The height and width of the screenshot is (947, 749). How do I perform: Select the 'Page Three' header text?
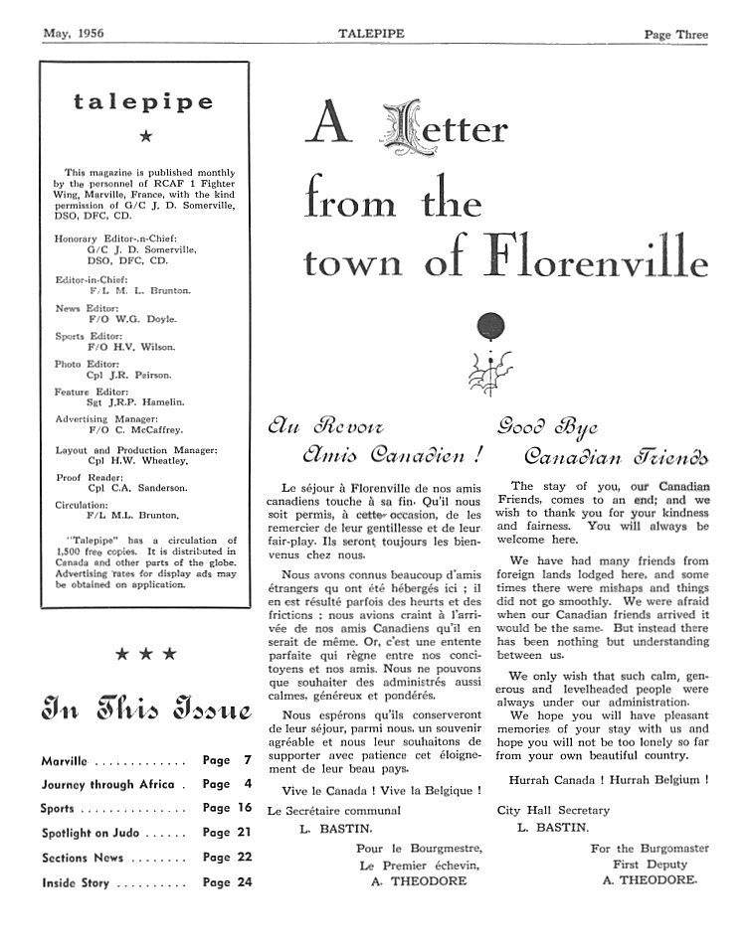[675, 34]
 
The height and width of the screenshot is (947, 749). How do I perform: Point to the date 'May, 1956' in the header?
[74, 34]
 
